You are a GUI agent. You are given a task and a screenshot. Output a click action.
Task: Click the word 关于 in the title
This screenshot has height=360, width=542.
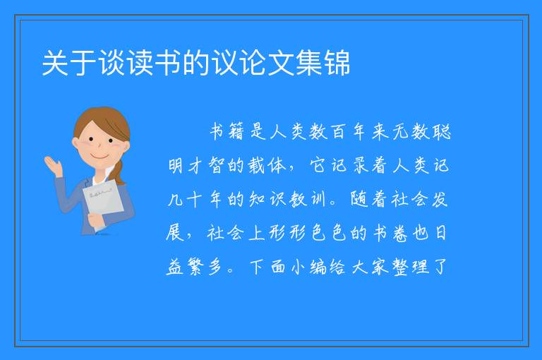click(x=69, y=63)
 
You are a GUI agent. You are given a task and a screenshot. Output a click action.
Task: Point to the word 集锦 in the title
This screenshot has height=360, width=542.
click(x=323, y=63)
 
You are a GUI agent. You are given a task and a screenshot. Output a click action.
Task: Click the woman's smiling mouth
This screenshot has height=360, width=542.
click(x=99, y=157)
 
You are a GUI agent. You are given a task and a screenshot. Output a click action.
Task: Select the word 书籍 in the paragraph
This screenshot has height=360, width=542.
click(x=227, y=131)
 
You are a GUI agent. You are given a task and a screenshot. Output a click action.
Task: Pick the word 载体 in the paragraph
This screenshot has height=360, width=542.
click(x=267, y=165)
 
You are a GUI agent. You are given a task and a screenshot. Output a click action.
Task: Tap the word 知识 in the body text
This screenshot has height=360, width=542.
click(x=267, y=199)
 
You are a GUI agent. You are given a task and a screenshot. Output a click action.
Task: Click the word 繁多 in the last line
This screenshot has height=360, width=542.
click(x=204, y=267)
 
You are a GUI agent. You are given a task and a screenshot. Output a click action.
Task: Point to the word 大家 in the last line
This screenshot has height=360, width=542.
click(x=370, y=267)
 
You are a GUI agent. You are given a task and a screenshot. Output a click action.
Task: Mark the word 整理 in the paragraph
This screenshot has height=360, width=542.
click(x=410, y=267)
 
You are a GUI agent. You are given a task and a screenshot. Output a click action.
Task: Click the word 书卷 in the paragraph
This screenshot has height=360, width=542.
click(x=390, y=233)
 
